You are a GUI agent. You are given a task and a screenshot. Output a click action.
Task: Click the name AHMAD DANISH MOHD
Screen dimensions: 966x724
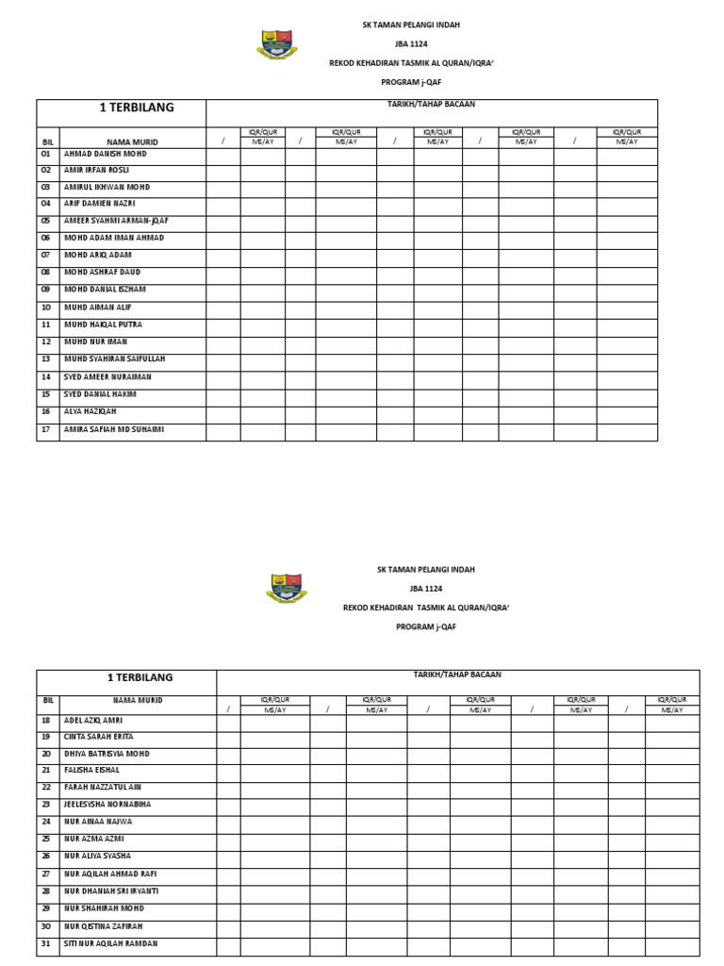[105, 153]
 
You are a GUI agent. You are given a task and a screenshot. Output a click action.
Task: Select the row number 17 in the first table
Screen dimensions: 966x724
[45, 429]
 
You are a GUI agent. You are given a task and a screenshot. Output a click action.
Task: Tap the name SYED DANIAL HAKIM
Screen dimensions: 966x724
[100, 394]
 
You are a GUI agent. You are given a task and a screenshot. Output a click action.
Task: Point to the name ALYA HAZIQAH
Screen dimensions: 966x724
[90, 411]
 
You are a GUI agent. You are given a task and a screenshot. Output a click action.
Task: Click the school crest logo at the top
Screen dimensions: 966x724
[276, 44]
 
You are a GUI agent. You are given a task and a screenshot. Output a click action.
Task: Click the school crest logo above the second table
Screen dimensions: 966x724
[285, 589]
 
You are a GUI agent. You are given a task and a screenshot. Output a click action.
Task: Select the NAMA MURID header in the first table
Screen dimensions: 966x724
[132, 142]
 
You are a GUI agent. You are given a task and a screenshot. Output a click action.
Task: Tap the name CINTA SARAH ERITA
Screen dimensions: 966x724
[98, 736]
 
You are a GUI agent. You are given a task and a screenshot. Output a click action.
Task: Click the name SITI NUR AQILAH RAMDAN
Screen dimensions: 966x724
[110, 943]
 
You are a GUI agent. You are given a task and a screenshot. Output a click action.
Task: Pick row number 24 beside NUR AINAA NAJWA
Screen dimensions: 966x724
[45, 822]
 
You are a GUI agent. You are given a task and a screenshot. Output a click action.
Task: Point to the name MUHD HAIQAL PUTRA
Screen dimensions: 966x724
[103, 325]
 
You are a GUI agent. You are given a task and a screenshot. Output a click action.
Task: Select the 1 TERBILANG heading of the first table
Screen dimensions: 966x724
[137, 108]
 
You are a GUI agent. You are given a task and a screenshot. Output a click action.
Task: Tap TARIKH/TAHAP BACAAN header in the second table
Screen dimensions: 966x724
[457, 675]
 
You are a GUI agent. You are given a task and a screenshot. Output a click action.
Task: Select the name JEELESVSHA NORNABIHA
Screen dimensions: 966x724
[107, 805]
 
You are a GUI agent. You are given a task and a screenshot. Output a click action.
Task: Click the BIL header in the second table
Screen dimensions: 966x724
[47, 701]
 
